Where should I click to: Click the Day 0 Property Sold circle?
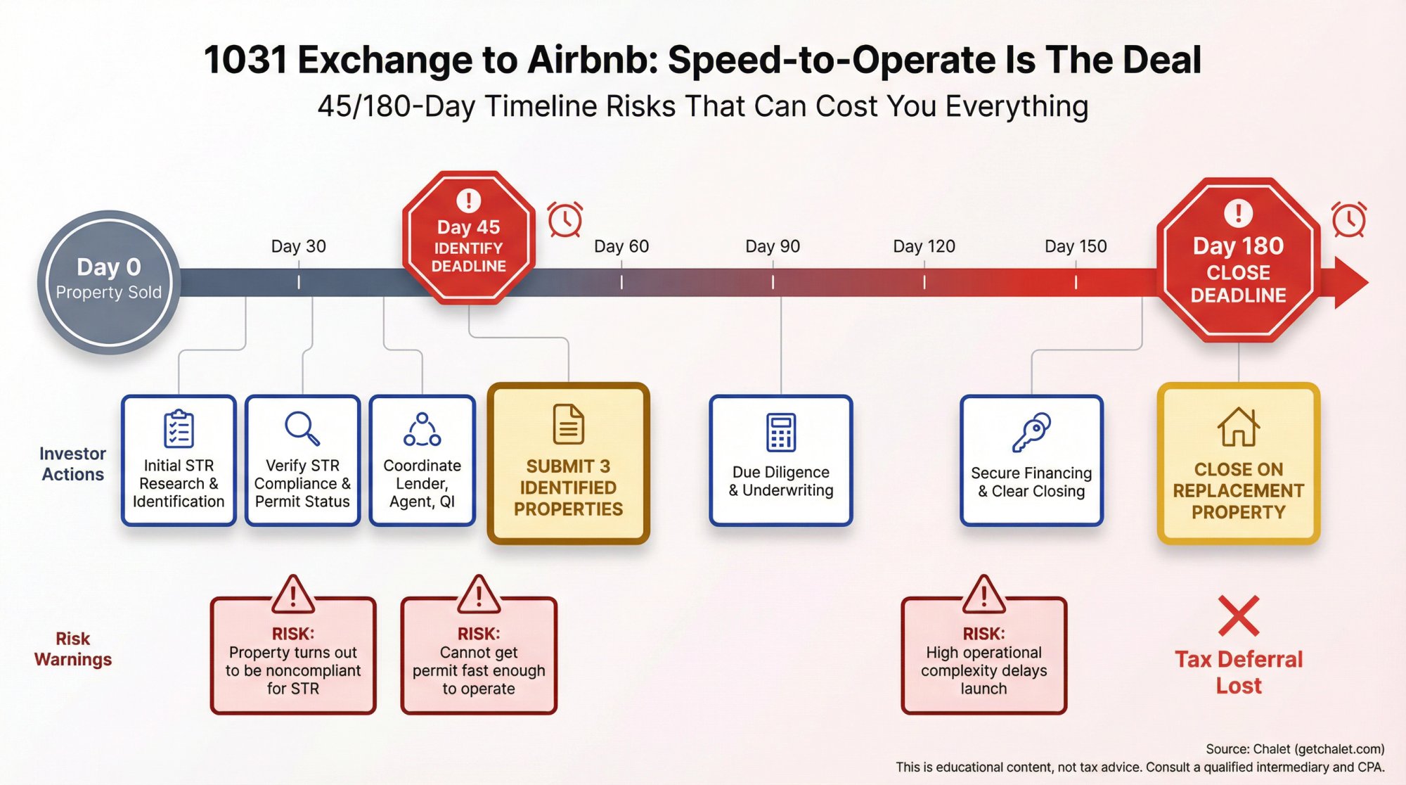108,281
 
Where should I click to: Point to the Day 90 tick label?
773,246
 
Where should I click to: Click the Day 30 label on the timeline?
298,246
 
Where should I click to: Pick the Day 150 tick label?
1075,246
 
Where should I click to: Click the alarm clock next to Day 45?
565,219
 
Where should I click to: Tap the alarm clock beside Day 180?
1348,219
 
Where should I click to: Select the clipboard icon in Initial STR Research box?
179,428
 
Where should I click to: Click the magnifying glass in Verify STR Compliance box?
302,428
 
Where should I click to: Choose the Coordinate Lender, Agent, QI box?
422,461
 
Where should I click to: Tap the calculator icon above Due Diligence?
780,432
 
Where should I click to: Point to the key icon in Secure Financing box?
1031,431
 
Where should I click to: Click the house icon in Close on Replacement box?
1238,427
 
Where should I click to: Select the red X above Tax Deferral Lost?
1238,616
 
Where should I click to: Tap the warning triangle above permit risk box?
479,595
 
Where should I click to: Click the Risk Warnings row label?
73,649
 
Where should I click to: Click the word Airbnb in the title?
591,60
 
